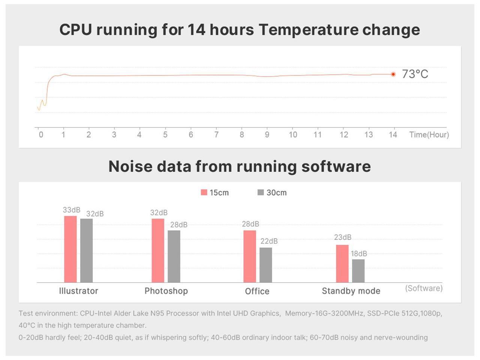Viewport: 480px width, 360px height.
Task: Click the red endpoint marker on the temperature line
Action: (x=393, y=74)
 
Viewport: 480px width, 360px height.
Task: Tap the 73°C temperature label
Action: (x=415, y=74)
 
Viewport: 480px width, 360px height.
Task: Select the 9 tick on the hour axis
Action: (x=267, y=134)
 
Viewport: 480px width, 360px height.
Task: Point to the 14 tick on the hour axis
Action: (x=393, y=134)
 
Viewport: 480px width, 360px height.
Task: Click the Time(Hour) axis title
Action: (x=429, y=135)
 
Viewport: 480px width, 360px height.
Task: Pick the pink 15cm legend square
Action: (x=204, y=192)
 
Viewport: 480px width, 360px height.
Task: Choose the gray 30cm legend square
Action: (x=261, y=192)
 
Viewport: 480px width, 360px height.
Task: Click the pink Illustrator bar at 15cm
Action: (x=70, y=249)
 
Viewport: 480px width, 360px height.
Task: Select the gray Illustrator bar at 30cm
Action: (x=86, y=250)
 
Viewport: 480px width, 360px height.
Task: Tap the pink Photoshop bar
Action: (x=158, y=250)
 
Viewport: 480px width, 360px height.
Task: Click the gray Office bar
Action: (x=265, y=265)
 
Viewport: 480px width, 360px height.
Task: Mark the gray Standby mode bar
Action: (x=358, y=271)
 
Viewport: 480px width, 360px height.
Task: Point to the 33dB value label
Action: (x=71, y=210)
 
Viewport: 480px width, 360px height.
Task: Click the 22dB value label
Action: (x=269, y=241)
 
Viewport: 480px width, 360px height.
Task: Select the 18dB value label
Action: (x=359, y=253)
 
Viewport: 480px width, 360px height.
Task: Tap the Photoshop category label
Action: (x=166, y=291)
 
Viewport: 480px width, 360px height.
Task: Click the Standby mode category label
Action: (x=351, y=291)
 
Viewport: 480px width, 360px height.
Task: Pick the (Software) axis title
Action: (x=424, y=288)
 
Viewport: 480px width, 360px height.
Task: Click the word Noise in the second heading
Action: (x=129, y=166)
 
